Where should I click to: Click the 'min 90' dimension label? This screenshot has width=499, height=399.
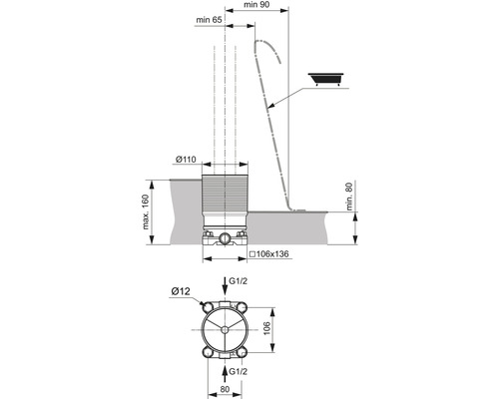point(256,5)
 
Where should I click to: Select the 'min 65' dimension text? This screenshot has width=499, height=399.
point(209,20)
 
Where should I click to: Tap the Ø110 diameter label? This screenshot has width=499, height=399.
point(186,160)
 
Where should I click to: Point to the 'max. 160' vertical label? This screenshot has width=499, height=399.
point(146,211)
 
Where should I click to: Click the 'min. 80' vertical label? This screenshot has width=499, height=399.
point(349,196)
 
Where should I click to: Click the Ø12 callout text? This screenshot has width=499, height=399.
point(181,291)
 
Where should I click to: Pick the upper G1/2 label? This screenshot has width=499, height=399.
point(239,281)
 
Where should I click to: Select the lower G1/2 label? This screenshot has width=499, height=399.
point(239,371)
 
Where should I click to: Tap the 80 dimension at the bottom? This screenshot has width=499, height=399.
point(225,389)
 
